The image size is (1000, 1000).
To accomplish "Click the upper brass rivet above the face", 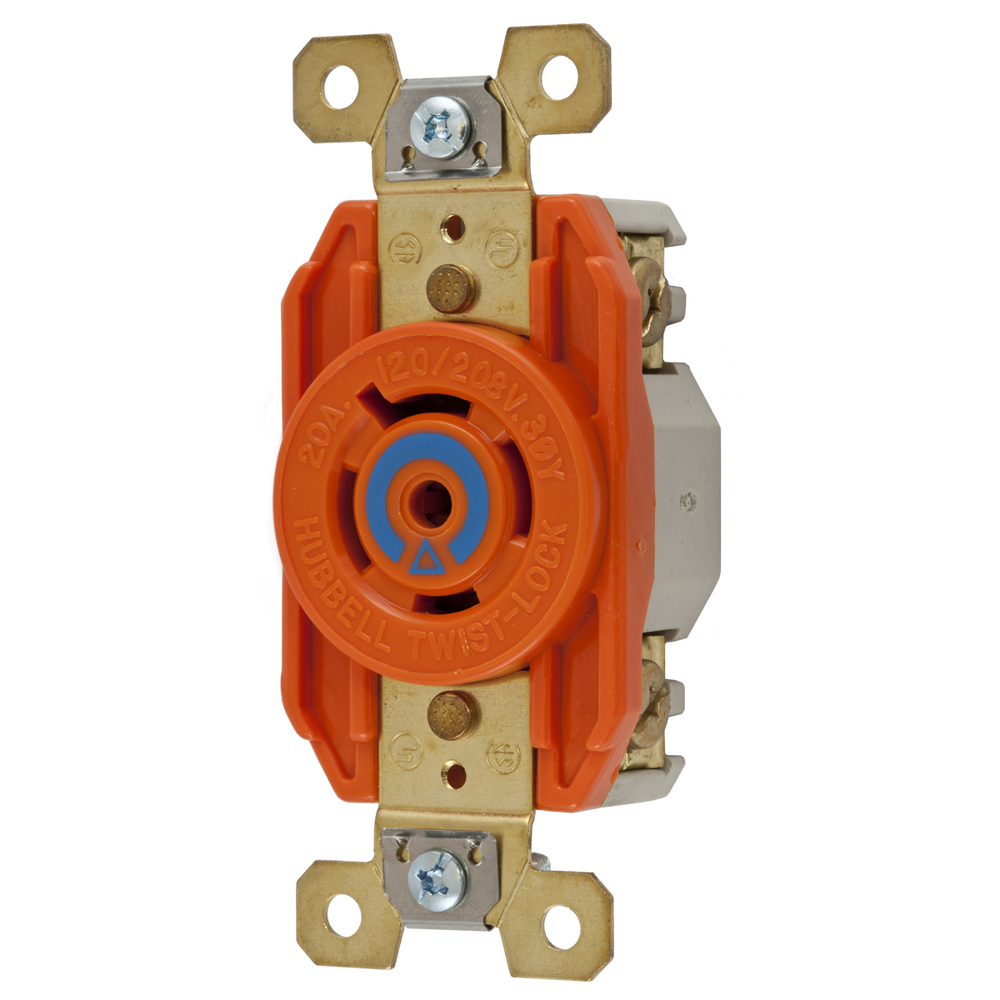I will pyautogui.click(x=452, y=289).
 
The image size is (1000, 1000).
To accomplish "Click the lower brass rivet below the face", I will pyautogui.click(x=450, y=715).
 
